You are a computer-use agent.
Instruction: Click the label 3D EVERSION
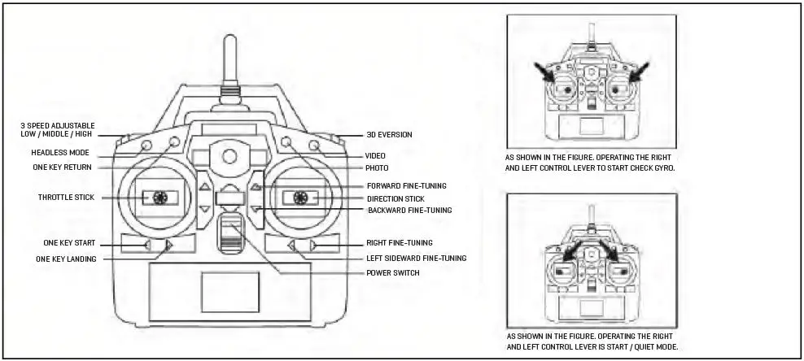[389, 134]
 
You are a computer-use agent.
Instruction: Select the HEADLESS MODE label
[60, 152]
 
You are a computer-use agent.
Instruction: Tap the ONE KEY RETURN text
[62, 167]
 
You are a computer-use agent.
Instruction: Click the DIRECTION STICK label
[395, 198]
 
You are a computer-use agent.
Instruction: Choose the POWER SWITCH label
[392, 272]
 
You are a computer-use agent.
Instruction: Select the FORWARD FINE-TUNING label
[406, 186]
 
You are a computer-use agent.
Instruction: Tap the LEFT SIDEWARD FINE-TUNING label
[416, 258]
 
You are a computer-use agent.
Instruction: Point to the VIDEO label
[375, 154]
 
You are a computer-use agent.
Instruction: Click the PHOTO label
[377, 167]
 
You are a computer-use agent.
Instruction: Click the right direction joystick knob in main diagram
[300, 197]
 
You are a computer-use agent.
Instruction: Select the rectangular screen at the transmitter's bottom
[230, 291]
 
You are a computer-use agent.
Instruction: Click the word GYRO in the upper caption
[665, 167]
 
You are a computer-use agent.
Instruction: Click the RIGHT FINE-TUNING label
[399, 242]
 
